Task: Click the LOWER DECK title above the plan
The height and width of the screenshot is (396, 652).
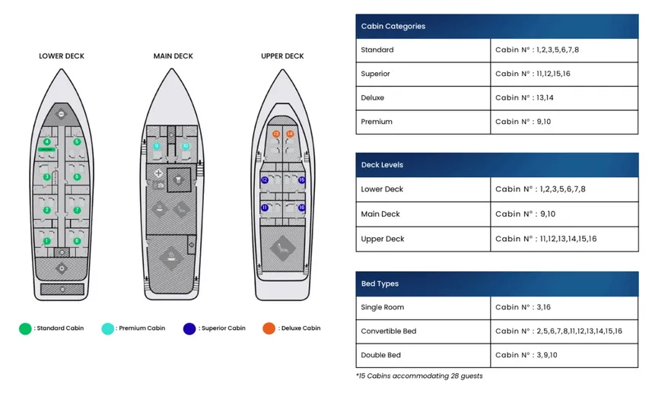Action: pyautogui.click(x=62, y=56)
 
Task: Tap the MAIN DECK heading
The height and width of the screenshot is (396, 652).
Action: pyautogui.click(x=173, y=56)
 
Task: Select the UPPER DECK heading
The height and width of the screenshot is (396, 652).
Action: pyautogui.click(x=282, y=56)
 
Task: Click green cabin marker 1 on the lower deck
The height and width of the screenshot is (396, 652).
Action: pyautogui.click(x=47, y=241)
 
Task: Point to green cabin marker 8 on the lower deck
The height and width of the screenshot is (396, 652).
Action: pyautogui.click(x=77, y=241)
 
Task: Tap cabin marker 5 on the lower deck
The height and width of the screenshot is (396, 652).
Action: pyautogui.click(x=77, y=141)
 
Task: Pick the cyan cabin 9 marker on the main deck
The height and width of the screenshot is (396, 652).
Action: pyautogui.click(x=157, y=146)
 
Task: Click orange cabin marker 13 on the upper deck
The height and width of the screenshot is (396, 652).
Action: pyautogui.click(x=276, y=134)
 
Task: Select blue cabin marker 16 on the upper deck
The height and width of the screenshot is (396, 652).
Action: pyautogui.click(x=301, y=207)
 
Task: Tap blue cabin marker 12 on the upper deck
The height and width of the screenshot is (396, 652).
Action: pyautogui.click(x=264, y=180)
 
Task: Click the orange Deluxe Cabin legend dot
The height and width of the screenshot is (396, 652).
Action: pyautogui.click(x=269, y=328)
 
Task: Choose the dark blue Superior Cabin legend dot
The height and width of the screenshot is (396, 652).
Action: pyautogui.click(x=189, y=328)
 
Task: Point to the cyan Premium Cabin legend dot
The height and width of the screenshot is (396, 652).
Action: pyautogui.click(x=108, y=328)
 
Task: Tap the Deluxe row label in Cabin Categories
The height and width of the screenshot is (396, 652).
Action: pyautogui.click(x=373, y=98)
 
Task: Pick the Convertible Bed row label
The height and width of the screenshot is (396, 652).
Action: pyautogui.click(x=388, y=331)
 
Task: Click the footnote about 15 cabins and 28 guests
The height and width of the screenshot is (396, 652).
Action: pyautogui.click(x=418, y=375)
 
